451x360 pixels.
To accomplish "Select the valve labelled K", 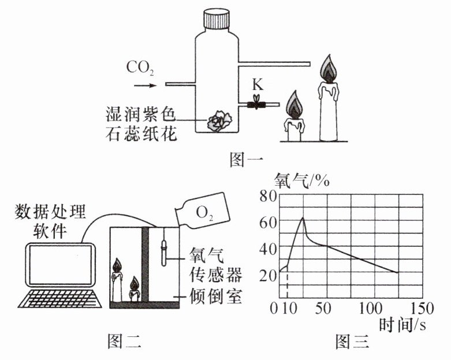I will point(255,104).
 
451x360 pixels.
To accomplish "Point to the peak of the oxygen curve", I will point(303,217).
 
